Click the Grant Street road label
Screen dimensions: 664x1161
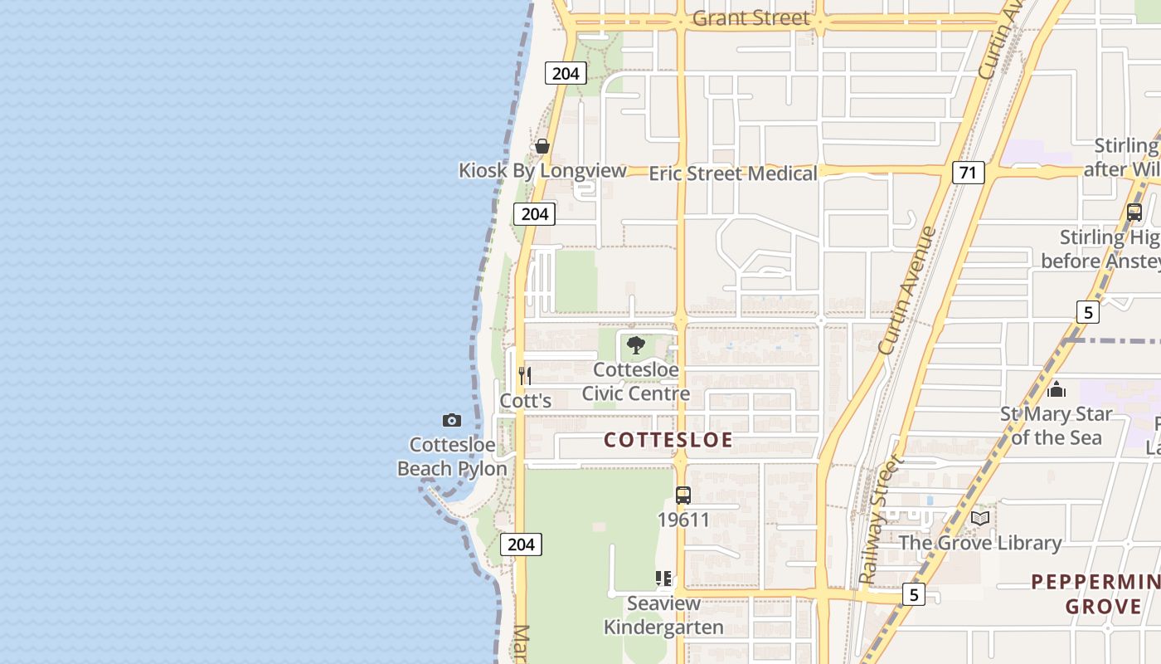(x=751, y=17)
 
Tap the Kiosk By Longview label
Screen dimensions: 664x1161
(x=542, y=170)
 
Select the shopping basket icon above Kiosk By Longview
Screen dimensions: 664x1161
(x=542, y=146)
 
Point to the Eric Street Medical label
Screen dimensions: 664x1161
(x=733, y=173)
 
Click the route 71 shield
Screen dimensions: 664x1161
(x=968, y=173)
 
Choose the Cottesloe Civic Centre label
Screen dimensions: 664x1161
(x=636, y=381)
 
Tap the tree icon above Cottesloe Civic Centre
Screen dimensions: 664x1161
(x=636, y=345)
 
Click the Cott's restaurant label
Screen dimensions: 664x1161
(x=526, y=400)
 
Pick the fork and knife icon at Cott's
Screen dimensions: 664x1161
(x=525, y=375)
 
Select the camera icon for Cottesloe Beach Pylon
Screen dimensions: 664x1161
(x=452, y=420)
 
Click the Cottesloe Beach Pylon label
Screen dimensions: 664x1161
(x=452, y=456)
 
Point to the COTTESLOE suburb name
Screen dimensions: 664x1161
(x=668, y=440)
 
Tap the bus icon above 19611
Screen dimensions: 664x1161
(x=683, y=496)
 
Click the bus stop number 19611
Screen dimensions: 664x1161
(x=683, y=520)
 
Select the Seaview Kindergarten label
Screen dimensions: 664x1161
(x=663, y=615)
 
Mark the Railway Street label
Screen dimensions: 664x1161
(x=880, y=520)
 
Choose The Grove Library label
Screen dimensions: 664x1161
(x=980, y=543)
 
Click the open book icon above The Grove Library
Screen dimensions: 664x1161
(x=980, y=518)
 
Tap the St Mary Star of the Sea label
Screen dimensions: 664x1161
(x=1056, y=425)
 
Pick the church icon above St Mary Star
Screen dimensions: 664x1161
(x=1057, y=388)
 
